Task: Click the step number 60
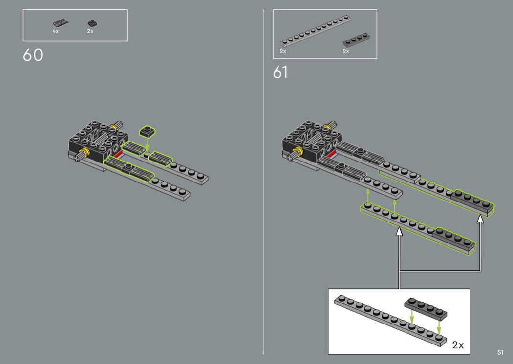coord(33,55)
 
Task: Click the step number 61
coord(280,72)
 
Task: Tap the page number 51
coord(500,352)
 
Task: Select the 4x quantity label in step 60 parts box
coord(56,31)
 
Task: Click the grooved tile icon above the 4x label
coord(61,23)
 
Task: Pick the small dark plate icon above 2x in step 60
coord(92,23)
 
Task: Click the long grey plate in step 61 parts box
coord(316,31)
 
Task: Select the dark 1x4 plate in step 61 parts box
coord(357,40)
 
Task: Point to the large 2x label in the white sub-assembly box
coord(458,345)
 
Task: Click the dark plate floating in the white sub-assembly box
coord(426,309)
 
